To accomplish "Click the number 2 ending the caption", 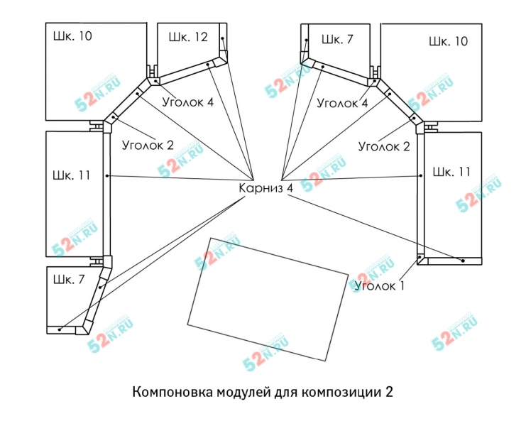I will click(x=388, y=392).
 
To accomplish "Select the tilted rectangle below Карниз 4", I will click(x=268, y=297).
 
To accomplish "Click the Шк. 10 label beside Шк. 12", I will click(x=72, y=35).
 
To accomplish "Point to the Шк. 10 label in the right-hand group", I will click(x=448, y=41).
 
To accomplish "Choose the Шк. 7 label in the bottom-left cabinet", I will click(x=68, y=279).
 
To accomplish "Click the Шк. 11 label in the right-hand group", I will click(x=451, y=172).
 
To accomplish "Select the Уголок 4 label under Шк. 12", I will click(x=187, y=102).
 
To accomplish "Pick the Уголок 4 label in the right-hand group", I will click(x=342, y=103).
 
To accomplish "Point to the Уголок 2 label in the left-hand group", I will click(x=148, y=146).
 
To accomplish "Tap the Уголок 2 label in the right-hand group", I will click(x=384, y=147).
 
